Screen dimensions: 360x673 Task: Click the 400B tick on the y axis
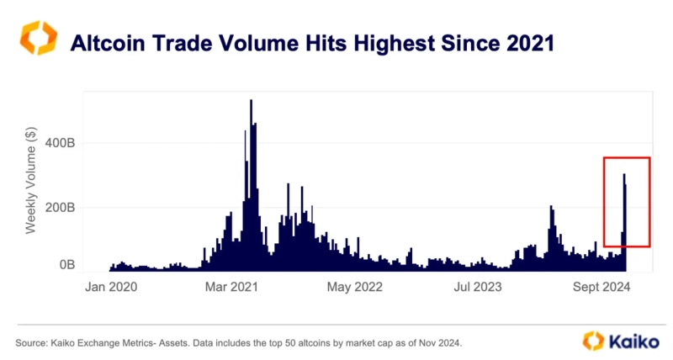(x=61, y=143)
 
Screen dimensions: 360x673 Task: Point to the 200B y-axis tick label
(x=61, y=206)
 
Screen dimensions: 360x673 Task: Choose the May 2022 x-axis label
(x=353, y=288)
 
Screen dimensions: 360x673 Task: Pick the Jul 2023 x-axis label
(x=478, y=288)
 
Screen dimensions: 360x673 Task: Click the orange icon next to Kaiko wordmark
(x=594, y=341)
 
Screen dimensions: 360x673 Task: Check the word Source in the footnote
(x=31, y=343)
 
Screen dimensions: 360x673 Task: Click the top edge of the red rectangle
(x=627, y=157)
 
